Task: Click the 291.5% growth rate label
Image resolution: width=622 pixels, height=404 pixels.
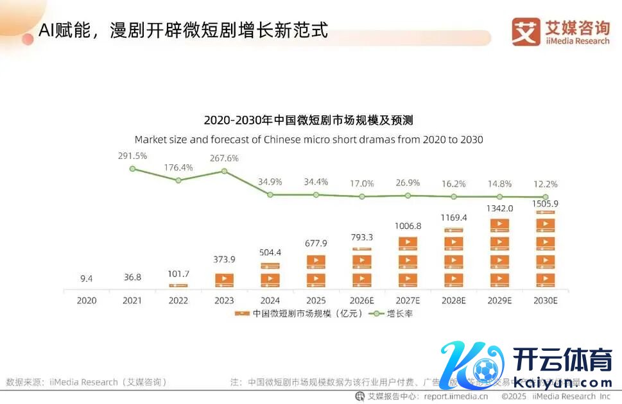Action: (x=132, y=156)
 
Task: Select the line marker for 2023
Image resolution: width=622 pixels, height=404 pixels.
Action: (x=224, y=171)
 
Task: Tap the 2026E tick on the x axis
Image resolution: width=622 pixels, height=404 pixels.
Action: (x=361, y=300)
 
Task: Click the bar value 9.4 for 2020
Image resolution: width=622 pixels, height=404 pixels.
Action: (x=86, y=278)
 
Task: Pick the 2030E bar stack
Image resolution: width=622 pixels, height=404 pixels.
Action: (x=546, y=250)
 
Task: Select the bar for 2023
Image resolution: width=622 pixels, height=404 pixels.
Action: (x=224, y=280)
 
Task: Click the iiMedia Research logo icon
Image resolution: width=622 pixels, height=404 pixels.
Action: (x=526, y=31)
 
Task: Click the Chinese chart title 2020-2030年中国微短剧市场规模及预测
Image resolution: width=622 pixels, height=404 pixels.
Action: (x=308, y=120)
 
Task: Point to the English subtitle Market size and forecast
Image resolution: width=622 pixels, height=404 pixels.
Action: (x=308, y=139)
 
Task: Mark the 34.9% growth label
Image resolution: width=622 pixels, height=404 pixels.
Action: (x=270, y=182)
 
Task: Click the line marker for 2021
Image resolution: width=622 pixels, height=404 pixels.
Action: (x=132, y=169)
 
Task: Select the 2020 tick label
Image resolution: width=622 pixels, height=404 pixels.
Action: (x=86, y=300)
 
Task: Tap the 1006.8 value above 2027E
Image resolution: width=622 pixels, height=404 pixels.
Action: (x=408, y=226)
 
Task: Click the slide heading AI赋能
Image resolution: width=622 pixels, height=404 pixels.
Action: (x=183, y=29)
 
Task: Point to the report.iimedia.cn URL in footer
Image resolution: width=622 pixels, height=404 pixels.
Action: (x=455, y=396)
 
